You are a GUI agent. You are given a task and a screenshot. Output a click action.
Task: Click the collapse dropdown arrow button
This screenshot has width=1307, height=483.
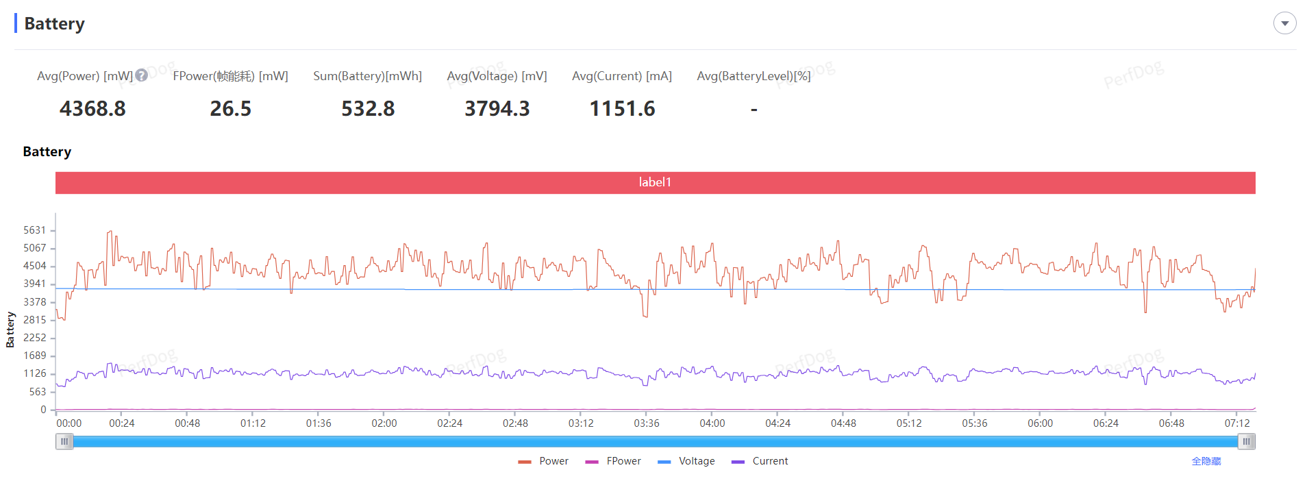(x=1284, y=23)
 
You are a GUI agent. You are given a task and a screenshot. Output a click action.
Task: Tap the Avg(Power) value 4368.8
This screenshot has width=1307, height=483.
(x=92, y=108)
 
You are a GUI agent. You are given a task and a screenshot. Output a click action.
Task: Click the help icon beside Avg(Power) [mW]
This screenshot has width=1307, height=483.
(x=141, y=75)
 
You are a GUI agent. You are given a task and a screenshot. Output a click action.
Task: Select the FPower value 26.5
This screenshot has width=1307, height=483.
(x=230, y=108)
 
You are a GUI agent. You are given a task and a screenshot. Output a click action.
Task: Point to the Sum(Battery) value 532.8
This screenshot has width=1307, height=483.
(x=368, y=108)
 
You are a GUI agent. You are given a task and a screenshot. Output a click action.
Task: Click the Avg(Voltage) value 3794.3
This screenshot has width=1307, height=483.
(x=497, y=108)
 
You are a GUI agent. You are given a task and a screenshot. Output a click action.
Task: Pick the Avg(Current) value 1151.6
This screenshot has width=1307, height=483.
(x=622, y=108)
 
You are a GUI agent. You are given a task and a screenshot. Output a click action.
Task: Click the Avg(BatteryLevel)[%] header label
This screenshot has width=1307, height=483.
(x=754, y=76)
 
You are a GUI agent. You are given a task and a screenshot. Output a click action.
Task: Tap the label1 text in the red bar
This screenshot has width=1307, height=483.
(x=655, y=182)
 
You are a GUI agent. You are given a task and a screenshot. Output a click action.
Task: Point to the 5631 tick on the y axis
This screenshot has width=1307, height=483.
(x=35, y=230)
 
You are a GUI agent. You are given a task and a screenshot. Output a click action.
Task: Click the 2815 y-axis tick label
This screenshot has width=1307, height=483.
(x=35, y=320)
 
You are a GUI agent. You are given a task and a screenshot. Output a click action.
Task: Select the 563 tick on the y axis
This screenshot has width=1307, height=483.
(x=38, y=392)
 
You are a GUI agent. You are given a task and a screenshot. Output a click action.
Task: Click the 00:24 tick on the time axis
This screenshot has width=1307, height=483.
(x=122, y=423)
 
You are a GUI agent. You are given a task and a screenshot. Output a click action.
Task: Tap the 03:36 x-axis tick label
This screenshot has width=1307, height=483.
(x=647, y=423)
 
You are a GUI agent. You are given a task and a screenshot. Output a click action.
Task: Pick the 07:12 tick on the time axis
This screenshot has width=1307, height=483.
(x=1237, y=423)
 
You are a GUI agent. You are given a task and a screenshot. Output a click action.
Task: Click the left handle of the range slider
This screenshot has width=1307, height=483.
(x=64, y=442)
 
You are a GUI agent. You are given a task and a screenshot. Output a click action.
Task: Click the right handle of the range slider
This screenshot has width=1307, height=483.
(x=1247, y=442)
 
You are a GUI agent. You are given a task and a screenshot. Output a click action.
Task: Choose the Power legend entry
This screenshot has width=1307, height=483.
(x=545, y=461)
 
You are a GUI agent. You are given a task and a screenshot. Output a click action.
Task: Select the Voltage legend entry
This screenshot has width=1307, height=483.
(x=687, y=461)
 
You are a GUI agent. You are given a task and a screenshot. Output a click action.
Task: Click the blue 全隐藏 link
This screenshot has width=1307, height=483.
(x=1206, y=461)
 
